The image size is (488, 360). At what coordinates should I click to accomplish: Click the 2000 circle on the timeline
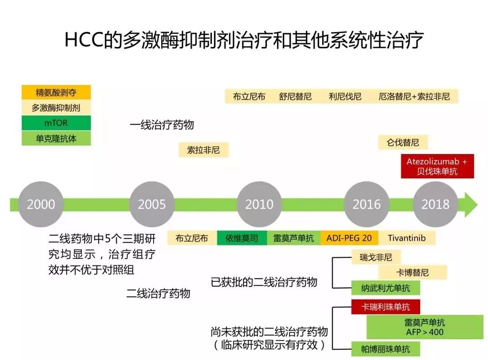[x=41, y=204]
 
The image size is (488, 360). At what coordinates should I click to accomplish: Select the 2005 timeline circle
[x=152, y=204]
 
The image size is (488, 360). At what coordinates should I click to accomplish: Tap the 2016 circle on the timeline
[x=366, y=204]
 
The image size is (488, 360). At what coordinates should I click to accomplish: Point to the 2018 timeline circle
[x=435, y=204]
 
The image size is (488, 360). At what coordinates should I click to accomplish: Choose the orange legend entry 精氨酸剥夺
[x=56, y=93]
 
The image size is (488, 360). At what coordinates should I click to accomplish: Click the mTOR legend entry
[x=56, y=123]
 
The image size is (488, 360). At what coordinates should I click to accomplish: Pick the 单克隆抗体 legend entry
[x=56, y=138]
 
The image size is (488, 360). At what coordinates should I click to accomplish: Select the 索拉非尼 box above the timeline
[x=203, y=150]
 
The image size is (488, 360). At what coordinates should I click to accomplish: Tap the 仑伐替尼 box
[x=403, y=142]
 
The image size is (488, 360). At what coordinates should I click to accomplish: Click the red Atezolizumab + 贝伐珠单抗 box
[x=437, y=166]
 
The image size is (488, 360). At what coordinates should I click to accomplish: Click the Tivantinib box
[x=406, y=238]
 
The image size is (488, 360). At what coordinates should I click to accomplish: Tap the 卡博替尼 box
[x=412, y=272]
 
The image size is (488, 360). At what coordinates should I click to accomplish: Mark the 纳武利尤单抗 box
[x=385, y=288]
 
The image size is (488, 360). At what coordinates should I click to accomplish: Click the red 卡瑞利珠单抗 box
[x=385, y=307]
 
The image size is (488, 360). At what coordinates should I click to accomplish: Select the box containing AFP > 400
[x=424, y=327]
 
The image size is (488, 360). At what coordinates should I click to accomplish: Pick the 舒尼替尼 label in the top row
[x=295, y=96]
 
